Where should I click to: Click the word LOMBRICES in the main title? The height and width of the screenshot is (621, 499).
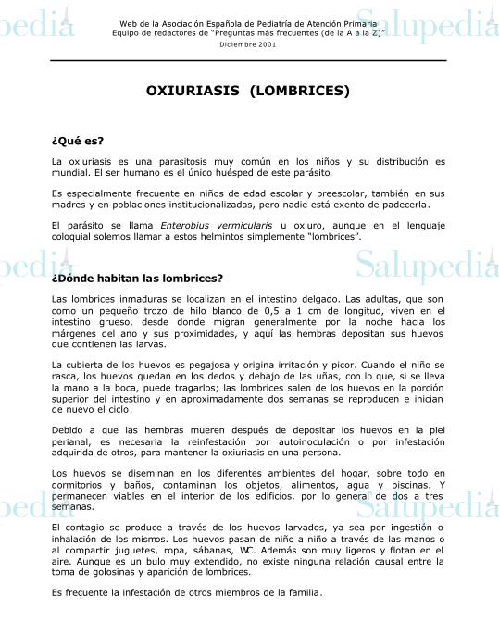point(306,92)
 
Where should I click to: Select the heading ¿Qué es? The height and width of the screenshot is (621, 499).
point(78,142)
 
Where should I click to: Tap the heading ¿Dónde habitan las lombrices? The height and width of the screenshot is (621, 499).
point(137,278)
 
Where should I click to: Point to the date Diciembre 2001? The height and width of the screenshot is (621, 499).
point(248,44)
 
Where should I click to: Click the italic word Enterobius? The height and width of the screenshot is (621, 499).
point(189,225)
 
